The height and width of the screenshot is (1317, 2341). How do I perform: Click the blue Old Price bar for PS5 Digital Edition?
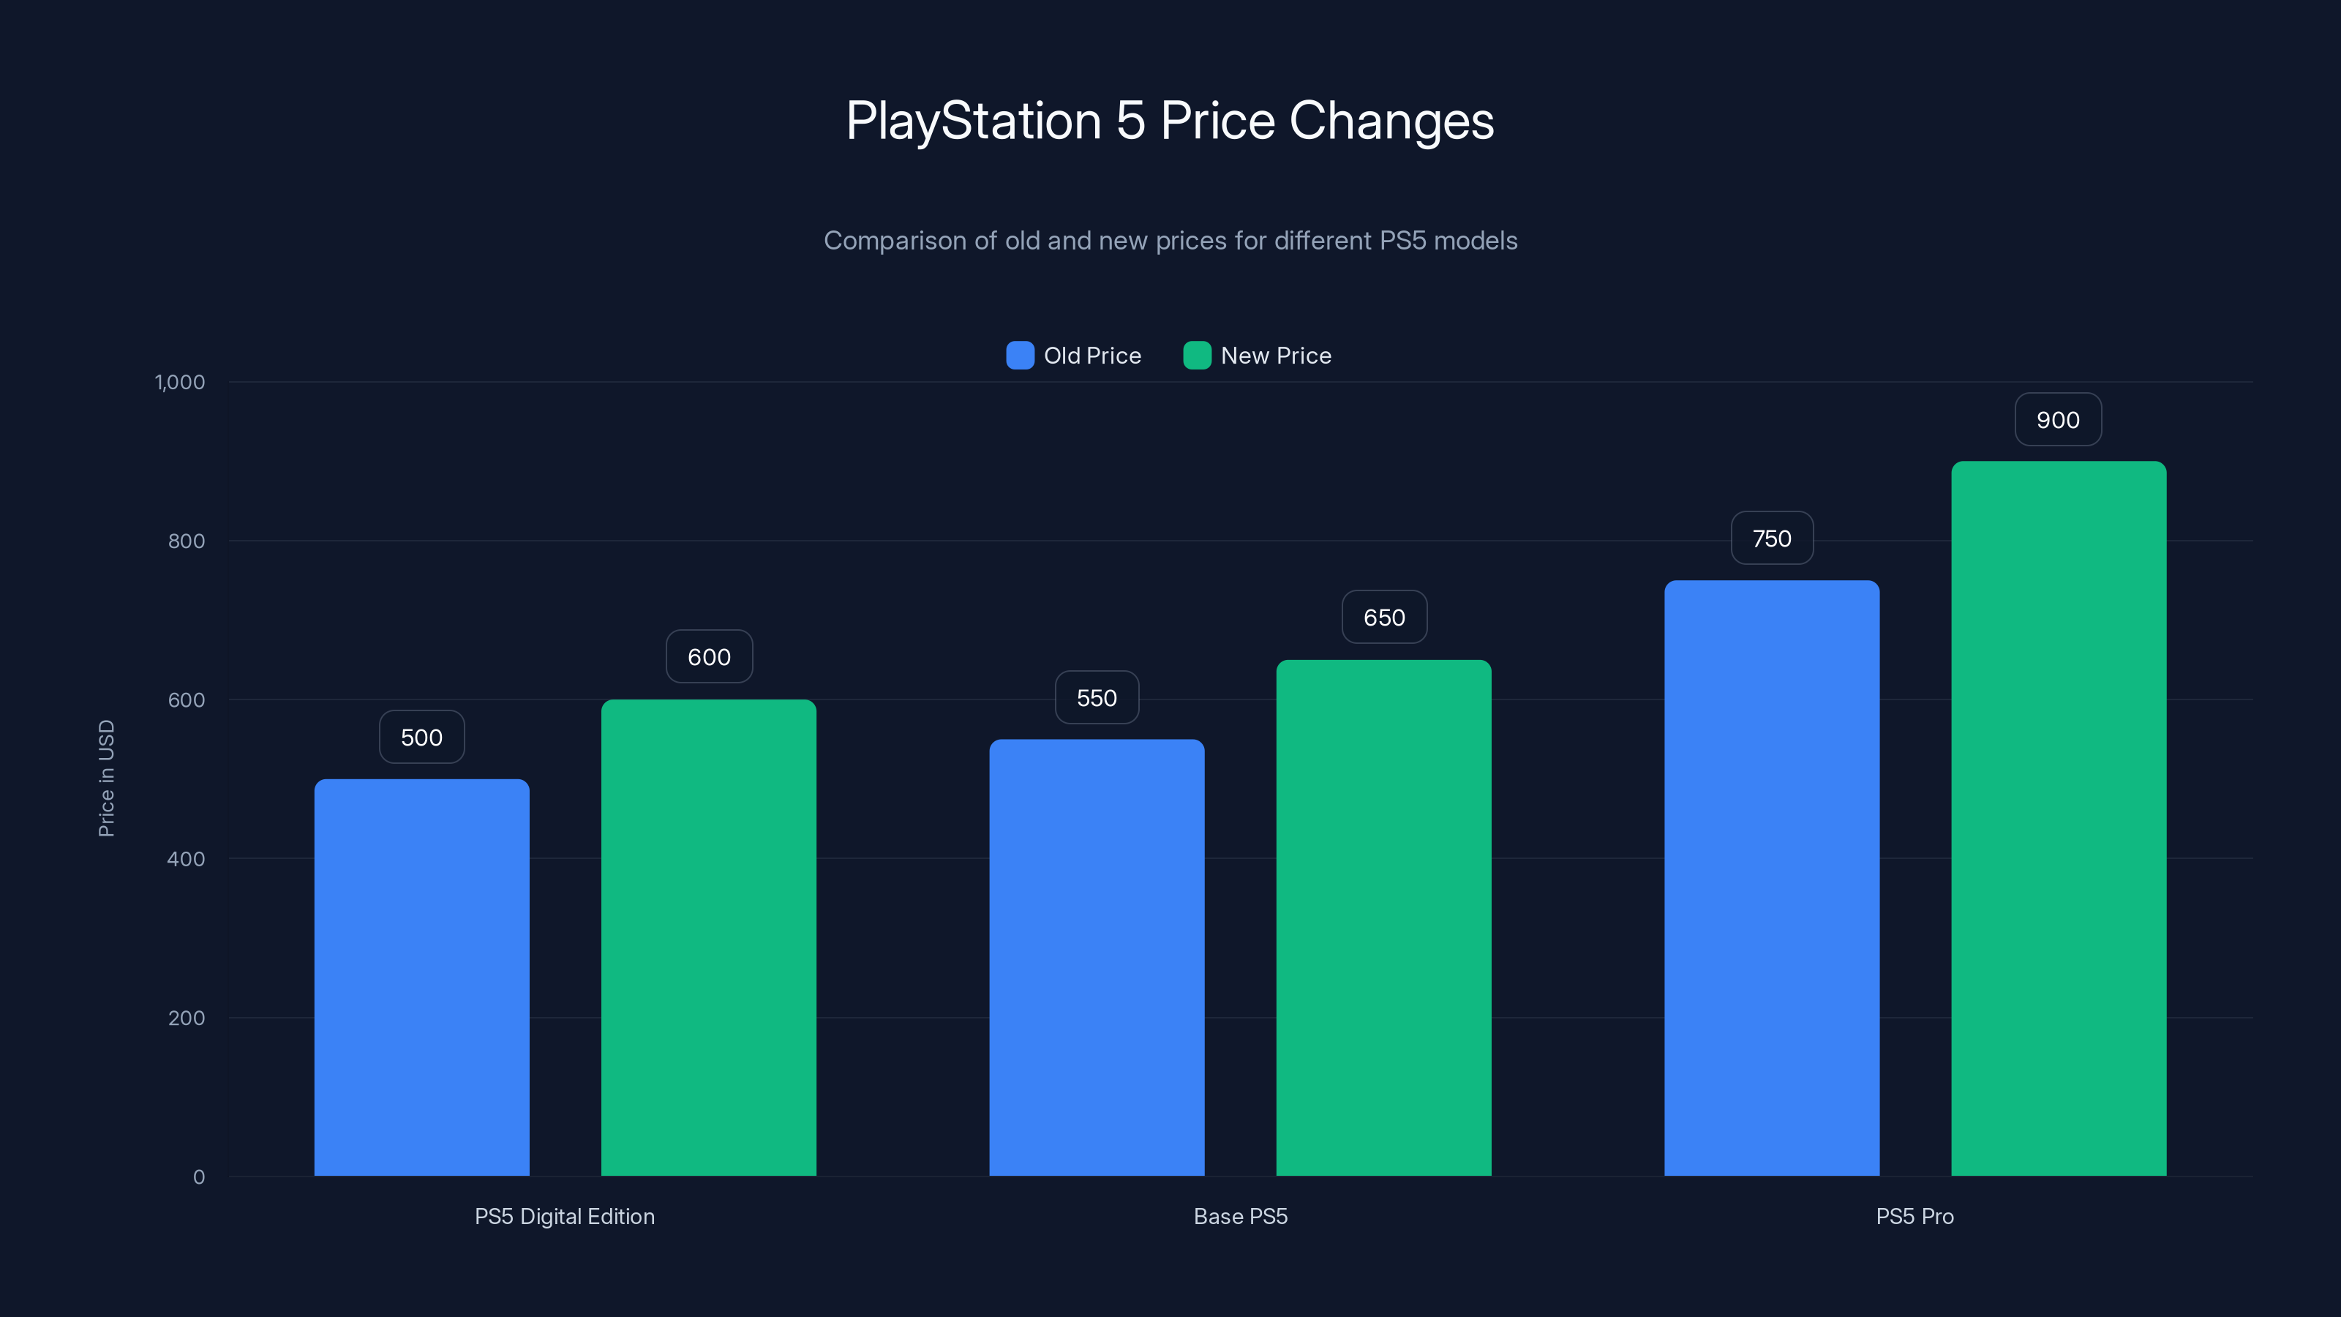(421, 977)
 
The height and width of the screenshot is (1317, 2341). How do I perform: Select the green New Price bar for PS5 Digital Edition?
(708, 937)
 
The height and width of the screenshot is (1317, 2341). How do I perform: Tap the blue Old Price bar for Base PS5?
(1096, 957)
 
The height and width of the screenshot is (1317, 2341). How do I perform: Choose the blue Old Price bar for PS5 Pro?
(1771, 877)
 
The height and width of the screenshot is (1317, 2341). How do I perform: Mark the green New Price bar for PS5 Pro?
(2059, 818)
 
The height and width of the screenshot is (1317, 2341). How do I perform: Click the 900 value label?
(2057, 420)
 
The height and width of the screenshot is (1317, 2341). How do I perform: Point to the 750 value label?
(1771, 538)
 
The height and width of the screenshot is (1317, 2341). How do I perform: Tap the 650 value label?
(1383, 617)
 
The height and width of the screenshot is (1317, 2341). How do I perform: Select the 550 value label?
(1096, 697)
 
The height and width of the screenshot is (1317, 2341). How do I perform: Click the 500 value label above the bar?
(421, 737)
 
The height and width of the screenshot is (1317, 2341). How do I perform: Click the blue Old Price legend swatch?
(1020, 356)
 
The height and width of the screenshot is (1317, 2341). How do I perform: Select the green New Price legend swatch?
(1197, 356)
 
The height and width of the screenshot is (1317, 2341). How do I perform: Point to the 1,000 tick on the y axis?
(180, 382)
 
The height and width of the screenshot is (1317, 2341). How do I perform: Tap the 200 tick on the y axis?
(187, 1018)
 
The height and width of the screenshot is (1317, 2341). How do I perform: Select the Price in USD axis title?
(106, 778)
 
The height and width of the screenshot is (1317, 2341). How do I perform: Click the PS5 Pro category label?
(1914, 1216)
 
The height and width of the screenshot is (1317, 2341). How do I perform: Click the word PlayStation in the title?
(972, 121)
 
